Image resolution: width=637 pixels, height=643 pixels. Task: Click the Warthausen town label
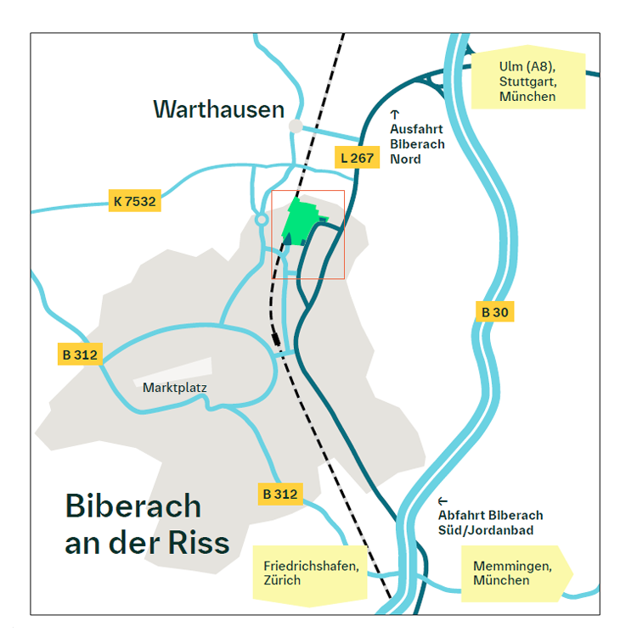pyautogui.click(x=218, y=109)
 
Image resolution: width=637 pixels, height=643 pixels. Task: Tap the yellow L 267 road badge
pyautogui.click(x=357, y=157)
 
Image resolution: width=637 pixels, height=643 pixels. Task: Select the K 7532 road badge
pyautogui.click(x=134, y=202)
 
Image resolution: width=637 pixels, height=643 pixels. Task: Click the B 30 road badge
pyautogui.click(x=494, y=312)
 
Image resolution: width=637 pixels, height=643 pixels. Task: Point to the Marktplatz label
pyautogui.click(x=175, y=389)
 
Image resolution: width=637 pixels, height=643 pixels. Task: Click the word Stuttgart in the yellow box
pyautogui.click(x=527, y=81)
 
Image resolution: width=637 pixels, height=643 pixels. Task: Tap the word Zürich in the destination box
pyautogui.click(x=282, y=580)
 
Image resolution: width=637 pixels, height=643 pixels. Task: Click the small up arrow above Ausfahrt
pyautogui.click(x=394, y=114)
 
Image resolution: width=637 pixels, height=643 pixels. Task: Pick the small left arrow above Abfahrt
pyautogui.click(x=443, y=501)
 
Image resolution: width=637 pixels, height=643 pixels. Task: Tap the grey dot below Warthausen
pyautogui.click(x=296, y=126)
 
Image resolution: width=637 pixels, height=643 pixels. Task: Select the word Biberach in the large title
pyautogui.click(x=133, y=506)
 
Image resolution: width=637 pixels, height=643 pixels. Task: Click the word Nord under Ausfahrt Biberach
pyautogui.click(x=405, y=159)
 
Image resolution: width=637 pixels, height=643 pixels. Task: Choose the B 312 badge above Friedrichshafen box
pyautogui.click(x=280, y=494)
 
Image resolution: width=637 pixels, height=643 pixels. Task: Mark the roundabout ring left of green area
pyautogui.click(x=262, y=220)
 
